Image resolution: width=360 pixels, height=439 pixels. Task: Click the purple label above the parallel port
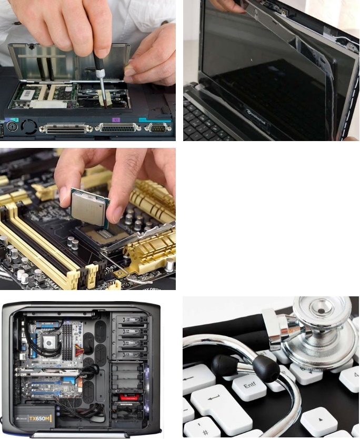(x=117, y=120)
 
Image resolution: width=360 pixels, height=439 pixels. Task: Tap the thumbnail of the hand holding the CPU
(x=88, y=218)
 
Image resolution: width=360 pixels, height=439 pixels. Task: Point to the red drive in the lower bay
(x=127, y=396)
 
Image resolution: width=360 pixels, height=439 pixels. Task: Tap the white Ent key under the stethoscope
(x=248, y=387)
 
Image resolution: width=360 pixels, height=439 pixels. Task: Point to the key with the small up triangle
(x=319, y=421)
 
